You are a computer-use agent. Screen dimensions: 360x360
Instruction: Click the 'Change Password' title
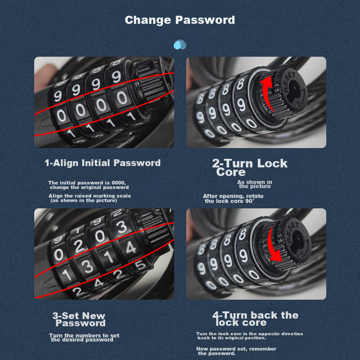(x=180, y=20)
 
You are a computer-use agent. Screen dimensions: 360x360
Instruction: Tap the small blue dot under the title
(x=180, y=45)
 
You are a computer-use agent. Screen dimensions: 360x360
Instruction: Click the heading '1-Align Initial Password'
(x=102, y=163)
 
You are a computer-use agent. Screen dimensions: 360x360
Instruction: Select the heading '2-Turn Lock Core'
(x=249, y=167)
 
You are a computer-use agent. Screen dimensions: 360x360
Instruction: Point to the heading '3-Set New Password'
(x=79, y=319)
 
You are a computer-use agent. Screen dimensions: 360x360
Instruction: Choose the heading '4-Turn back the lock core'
(x=255, y=318)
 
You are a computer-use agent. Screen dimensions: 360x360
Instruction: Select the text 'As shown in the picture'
(x=255, y=184)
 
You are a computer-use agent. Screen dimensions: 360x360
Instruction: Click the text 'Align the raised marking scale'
(x=90, y=196)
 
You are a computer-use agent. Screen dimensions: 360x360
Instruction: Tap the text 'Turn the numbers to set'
(x=84, y=336)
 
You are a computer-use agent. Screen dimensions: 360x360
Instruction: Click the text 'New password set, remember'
(x=236, y=349)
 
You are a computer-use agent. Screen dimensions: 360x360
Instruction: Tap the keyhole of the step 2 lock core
(x=293, y=88)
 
